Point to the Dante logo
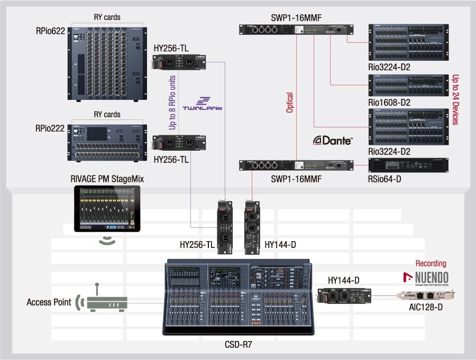[x=333, y=140]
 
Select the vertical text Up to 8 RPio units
[x=172, y=102]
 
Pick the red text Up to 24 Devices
[x=454, y=99]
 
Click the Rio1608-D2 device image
[x=408, y=85]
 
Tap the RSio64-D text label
[x=385, y=179]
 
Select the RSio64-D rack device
[x=408, y=165]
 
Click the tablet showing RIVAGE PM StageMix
[x=107, y=209]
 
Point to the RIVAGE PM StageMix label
[x=107, y=179]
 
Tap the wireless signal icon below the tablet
[x=107, y=241]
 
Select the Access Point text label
[x=49, y=302]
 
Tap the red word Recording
[x=431, y=263]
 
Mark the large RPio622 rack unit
[x=106, y=61]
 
